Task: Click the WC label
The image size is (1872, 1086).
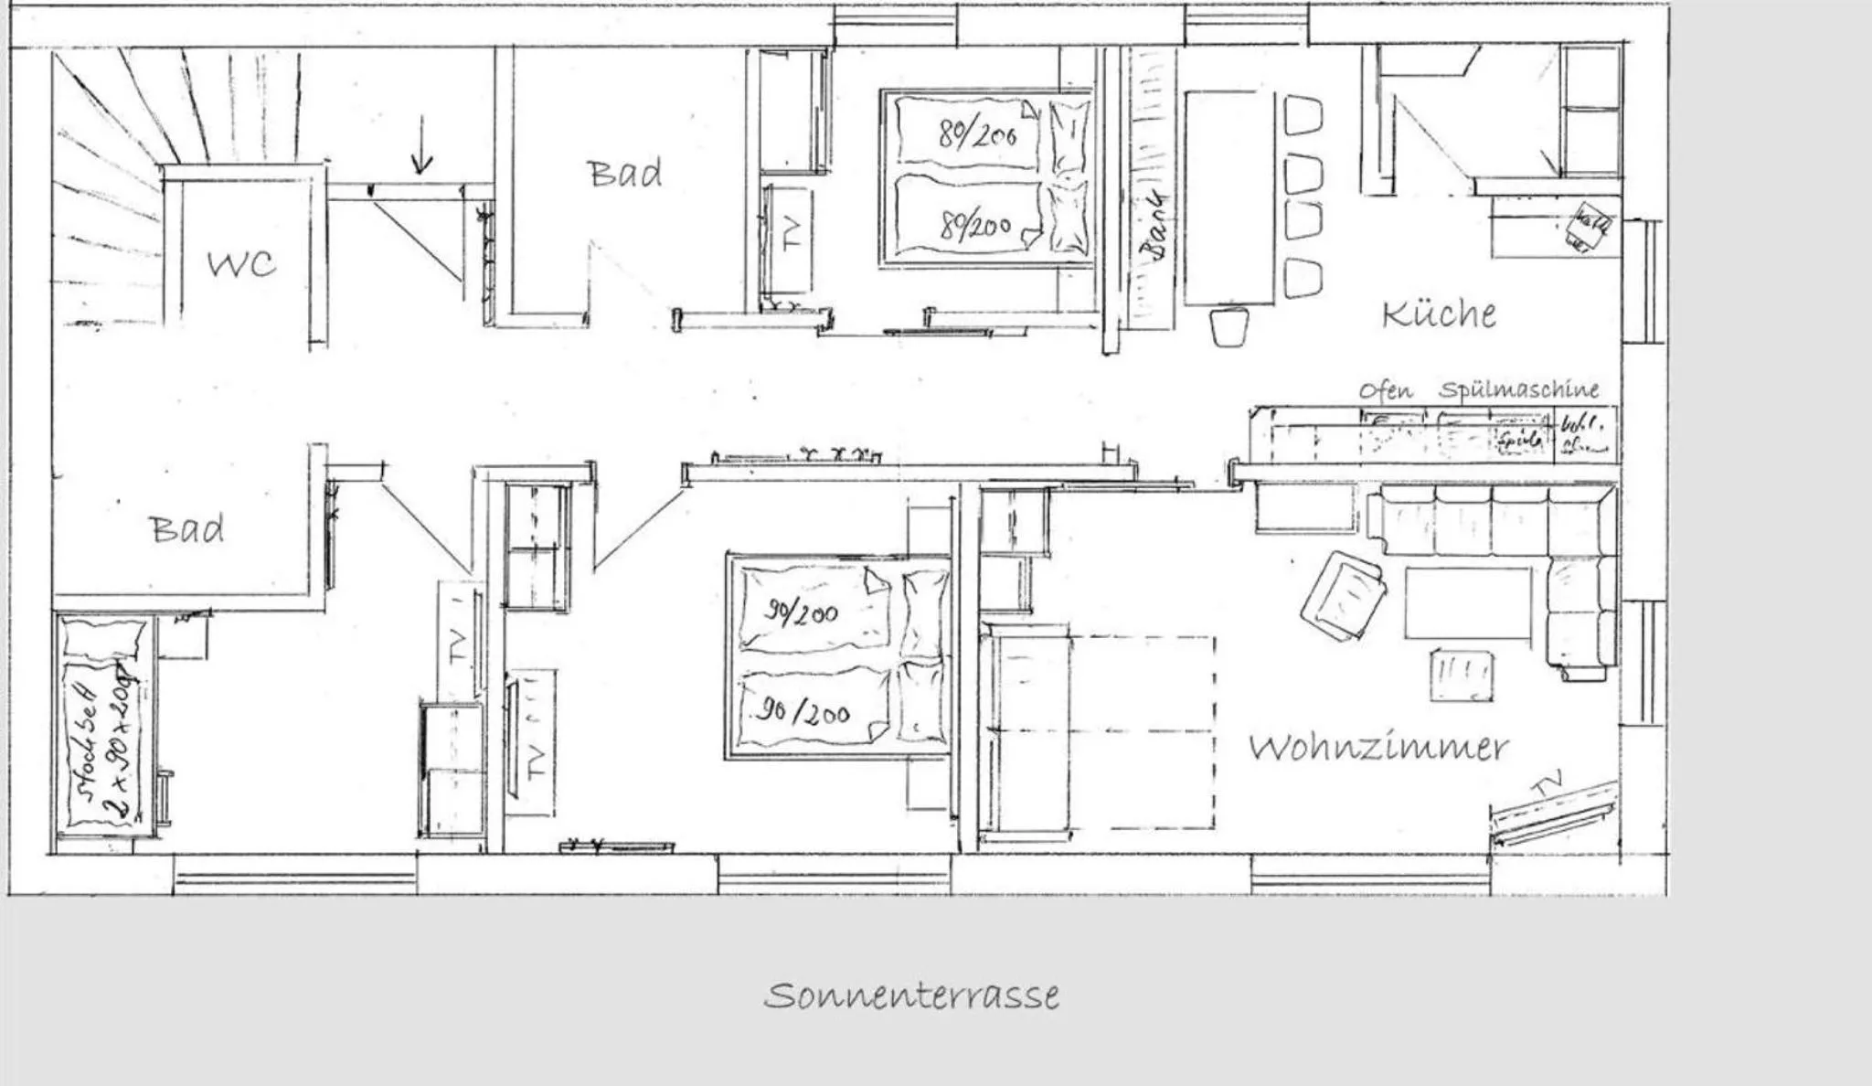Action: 240,263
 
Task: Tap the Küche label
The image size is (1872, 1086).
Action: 1439,314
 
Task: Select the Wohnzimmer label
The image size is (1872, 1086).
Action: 1378,748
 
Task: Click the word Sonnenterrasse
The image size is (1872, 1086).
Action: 911,995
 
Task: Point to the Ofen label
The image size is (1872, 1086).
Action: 1385,390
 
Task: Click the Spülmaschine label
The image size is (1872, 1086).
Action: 1519,389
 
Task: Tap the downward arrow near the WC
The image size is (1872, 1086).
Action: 421,146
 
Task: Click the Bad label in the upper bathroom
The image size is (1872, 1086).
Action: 624,173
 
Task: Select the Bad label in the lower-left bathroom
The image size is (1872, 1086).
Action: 186,528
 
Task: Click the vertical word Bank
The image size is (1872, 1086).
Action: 1154,225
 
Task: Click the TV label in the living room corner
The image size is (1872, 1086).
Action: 1546,784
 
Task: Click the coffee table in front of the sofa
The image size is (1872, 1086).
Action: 1468,603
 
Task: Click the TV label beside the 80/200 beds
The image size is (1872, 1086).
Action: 792,233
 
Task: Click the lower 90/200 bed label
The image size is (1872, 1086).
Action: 803,710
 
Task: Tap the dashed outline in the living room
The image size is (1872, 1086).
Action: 1143,731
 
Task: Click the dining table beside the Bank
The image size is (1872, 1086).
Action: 1229,197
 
